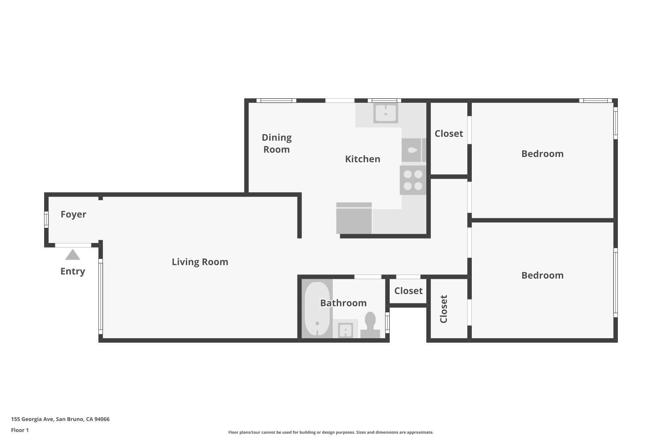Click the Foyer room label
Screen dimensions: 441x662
(x=73, y=214)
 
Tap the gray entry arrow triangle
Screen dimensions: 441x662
(x=72, y=255)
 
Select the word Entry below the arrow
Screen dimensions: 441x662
(x=72, y=271)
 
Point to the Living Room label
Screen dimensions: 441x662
(x=200, y=262)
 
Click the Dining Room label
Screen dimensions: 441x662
(x=277, y=143)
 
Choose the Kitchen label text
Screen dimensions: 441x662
(x=362, y=159)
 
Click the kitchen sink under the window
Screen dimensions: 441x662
(x=385, y=113)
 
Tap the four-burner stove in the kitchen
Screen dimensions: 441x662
(x=413, y=180)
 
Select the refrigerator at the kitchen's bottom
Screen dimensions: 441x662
(x=354, y=218)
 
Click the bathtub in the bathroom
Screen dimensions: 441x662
(x=317, y=308)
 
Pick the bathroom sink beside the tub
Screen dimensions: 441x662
(x=345, y=329)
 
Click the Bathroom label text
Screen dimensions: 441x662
(x=343, y=303)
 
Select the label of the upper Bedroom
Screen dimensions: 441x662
(x=542, y=154)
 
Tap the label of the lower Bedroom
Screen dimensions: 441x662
(x=542, y=276)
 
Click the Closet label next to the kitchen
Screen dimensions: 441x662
(x=449, y=134)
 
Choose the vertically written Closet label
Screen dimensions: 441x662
(x=444, y=309)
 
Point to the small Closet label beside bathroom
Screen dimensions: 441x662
(x=408, y=291)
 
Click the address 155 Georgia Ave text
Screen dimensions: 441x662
(x=60, y=419)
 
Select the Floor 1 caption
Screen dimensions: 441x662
(x=20, y=430)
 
